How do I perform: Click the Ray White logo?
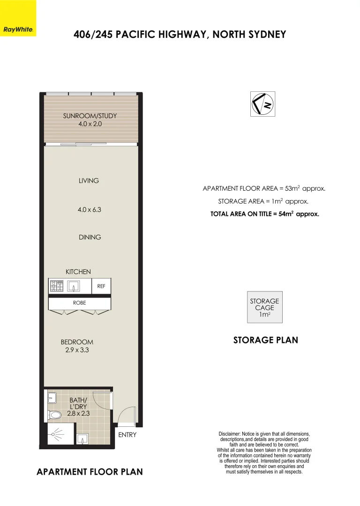18,29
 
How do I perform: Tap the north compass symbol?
262,104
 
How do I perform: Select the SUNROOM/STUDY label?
90,116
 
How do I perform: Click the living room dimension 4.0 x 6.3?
90,210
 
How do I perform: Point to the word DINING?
90,237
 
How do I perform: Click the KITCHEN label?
78,272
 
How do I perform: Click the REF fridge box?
101,286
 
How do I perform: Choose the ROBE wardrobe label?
79,303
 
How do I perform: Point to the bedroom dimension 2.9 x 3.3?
77,350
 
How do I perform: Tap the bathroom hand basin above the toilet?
52,398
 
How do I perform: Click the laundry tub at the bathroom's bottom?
83,439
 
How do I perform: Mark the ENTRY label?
127,435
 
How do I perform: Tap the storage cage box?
264,307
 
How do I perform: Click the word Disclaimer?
230,434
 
